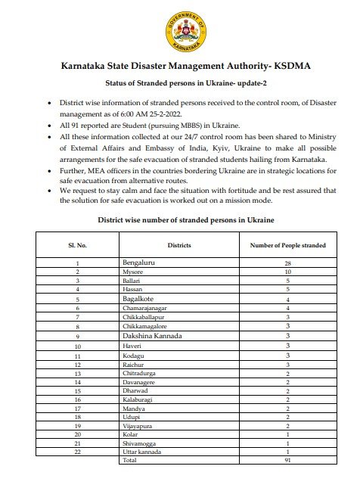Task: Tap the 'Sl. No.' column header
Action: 78,245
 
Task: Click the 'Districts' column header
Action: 178,245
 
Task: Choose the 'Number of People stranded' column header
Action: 288,245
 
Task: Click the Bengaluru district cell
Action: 140,263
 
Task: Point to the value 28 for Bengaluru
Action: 288,263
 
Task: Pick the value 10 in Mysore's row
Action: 288,272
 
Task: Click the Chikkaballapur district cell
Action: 144,318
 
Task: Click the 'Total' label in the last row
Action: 130,460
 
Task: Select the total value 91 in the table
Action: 288,460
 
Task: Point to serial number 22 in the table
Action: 78,452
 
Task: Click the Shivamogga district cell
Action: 138,443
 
